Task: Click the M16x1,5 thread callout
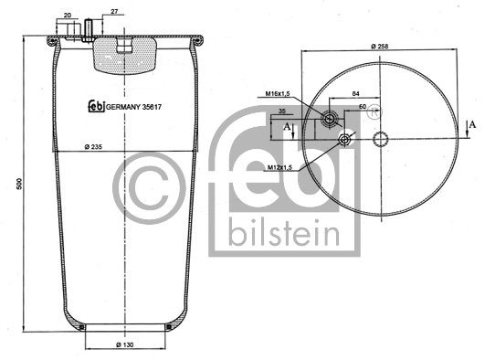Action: (x=279, y=93)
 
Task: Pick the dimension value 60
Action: (x=363, y=107)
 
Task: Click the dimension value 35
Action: (x=285, y=111)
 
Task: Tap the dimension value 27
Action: (x=113, y=13)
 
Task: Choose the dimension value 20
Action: (x=68, y=16)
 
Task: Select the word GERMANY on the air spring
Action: (x=121, y=105)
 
